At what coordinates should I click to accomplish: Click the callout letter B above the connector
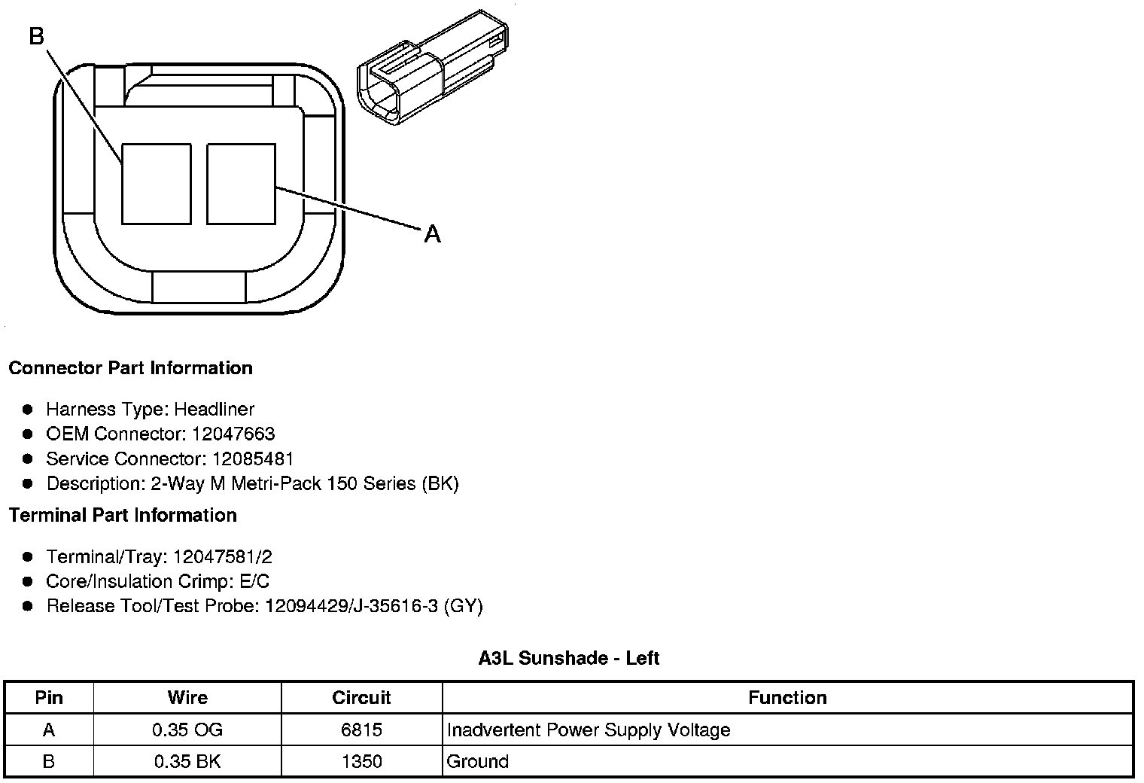[37, 36]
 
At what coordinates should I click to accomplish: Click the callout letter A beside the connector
[432, 234]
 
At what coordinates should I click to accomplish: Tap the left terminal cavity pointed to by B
[157, 184]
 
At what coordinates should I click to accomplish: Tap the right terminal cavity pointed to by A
[241, 184]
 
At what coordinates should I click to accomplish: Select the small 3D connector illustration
[433, 67]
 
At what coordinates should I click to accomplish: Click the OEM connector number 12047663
[233, 434]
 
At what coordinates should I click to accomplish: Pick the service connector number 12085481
[253, 459]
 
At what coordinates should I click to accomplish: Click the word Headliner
[214, 409]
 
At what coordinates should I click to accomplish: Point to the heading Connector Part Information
[131, 367]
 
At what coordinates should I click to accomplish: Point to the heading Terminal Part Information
[123, 515]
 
